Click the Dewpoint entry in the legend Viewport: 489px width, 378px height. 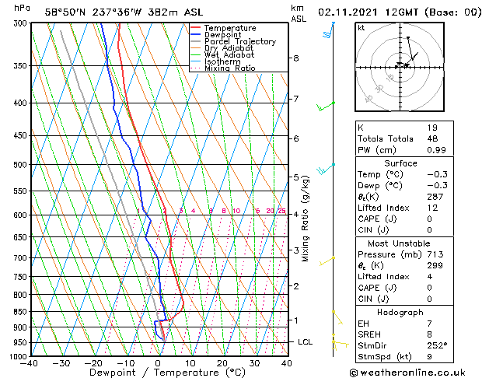pos(222,35)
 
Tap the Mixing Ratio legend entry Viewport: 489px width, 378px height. pos(230,68)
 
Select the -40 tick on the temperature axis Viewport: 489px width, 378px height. pos(30,362)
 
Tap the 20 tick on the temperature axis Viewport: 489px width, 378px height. pos(222,362)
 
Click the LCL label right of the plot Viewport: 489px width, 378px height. pos(306,342)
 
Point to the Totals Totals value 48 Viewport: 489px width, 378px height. pos(432,138)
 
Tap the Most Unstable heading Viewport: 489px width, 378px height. pos(400,243)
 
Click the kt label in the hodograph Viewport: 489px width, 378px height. pos(361,27)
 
